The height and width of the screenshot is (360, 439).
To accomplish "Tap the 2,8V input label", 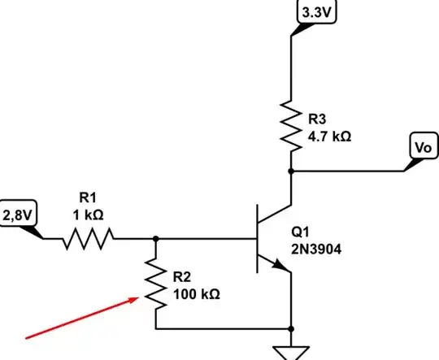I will point(20,215).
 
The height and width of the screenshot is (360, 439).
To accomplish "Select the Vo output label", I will point(420,149).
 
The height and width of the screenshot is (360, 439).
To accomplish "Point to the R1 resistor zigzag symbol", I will point(88,239).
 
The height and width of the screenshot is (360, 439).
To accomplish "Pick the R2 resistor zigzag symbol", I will point(155,284).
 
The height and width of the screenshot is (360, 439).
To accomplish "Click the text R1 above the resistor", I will point(87,197).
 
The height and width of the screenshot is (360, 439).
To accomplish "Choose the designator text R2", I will point(181,276).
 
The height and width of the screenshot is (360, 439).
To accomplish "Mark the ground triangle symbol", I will point(290,352).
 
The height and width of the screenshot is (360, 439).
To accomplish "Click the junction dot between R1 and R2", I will point(155,239).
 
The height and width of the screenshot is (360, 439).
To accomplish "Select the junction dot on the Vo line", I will point(290,171).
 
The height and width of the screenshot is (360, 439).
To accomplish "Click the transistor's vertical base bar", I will point(254,239).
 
